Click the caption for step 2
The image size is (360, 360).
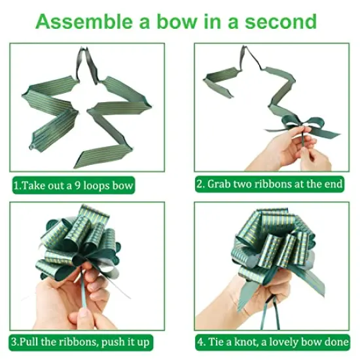pyautogui.click(x=270, y=185)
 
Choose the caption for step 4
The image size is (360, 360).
pyautogui.click(x=272, y=342)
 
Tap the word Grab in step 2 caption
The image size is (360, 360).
pyautogui.click(x=221, y=185)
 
